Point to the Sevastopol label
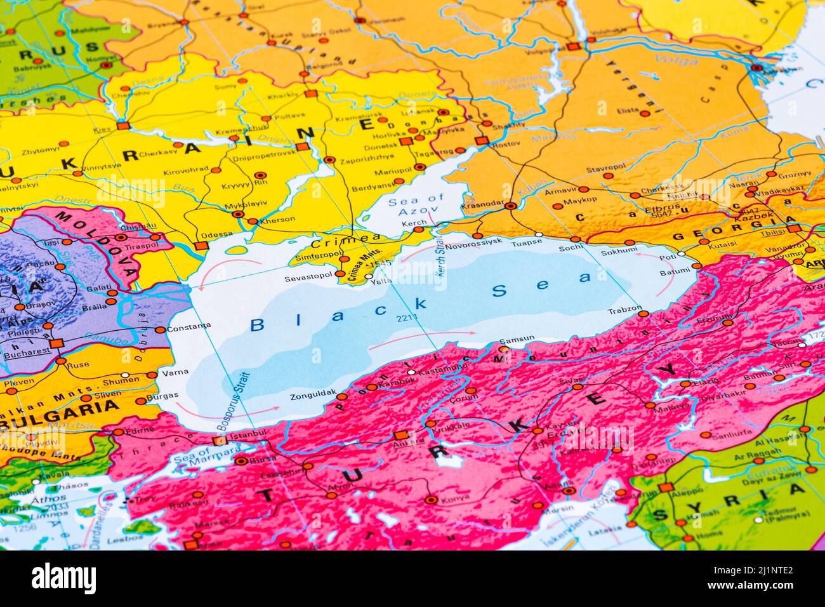[x=308, y=277]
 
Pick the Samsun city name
[x=518, y=339]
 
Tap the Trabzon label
[x=625, y=310]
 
